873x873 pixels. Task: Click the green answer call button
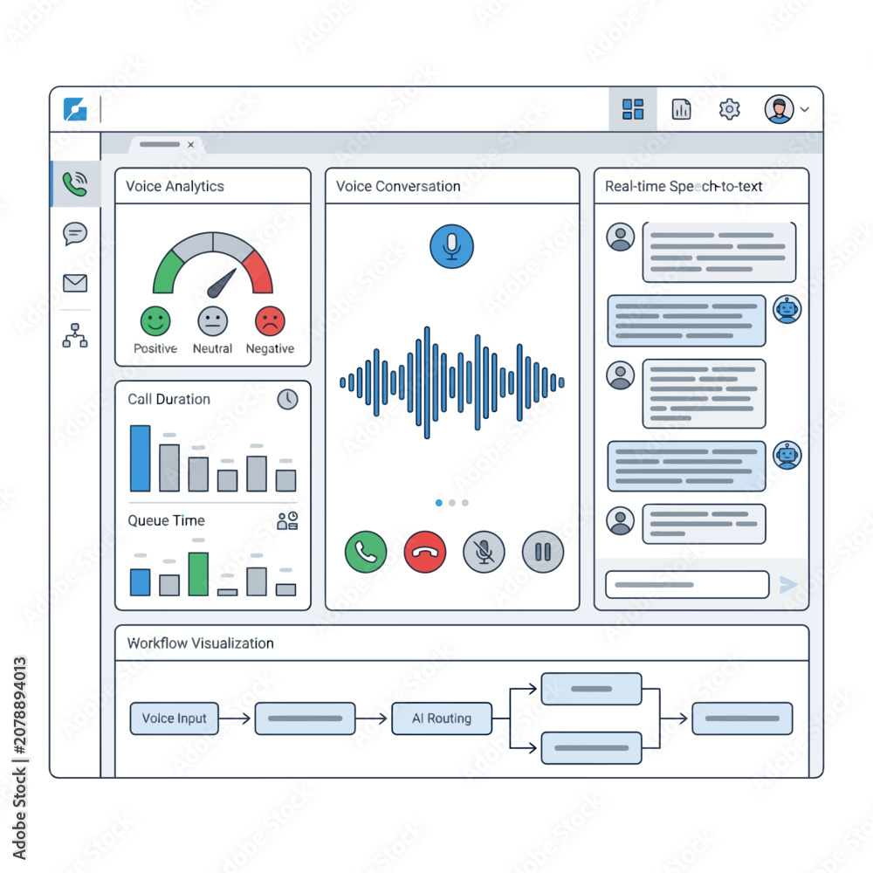click(x=366, y=552)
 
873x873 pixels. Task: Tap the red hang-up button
click(x=425, y=552)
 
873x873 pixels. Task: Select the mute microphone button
click(x=484, y=552)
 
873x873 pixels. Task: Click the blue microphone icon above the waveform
click(x=451, y=246)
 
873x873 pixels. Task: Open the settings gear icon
click(x=729, y=109)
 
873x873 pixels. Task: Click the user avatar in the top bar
click(x=779, y=109)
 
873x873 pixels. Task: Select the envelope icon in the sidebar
click(x=75, y=283)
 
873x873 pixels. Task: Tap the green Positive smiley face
click(x=155, y=321)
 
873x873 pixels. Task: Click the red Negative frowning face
click(x=270, y=321)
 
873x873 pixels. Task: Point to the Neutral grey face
click(x=213, y=321)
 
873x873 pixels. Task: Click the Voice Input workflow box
click(x=175, y=718)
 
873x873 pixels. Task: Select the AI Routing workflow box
click(x=442, y=718)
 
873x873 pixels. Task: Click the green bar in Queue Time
click(x=198, y=574)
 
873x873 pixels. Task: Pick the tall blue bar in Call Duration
click(x=141, y=458)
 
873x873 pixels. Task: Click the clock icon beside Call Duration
click(x=287, y=399)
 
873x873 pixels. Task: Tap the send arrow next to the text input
click(x=787, y=585)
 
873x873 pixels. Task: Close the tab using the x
click(x=191, y=145)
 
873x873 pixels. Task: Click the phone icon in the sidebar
click(x=75, y=183)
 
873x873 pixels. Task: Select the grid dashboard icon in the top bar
click(x=633, y=109)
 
